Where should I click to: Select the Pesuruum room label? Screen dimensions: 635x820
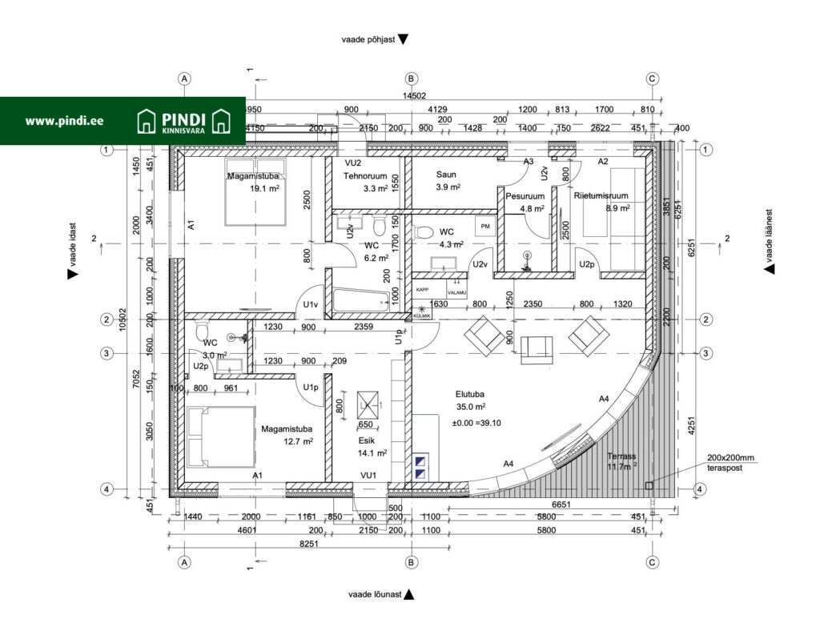click(x=525, y=196)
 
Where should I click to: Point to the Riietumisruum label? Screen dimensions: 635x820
click(x=601, y=195)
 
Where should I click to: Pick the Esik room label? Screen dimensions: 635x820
click(x=368, y=440)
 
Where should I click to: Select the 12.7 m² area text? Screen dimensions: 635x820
click(x=298, y=441)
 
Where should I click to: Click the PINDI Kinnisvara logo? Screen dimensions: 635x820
click(x=185, y=121)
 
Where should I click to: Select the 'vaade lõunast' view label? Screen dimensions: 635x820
click(x=374, y=595)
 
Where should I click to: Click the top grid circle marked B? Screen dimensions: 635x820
click(x=411, y=78)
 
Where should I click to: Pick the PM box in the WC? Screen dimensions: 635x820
click(x=484, y=227)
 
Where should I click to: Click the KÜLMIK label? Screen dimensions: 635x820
click(x=422, y=316)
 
